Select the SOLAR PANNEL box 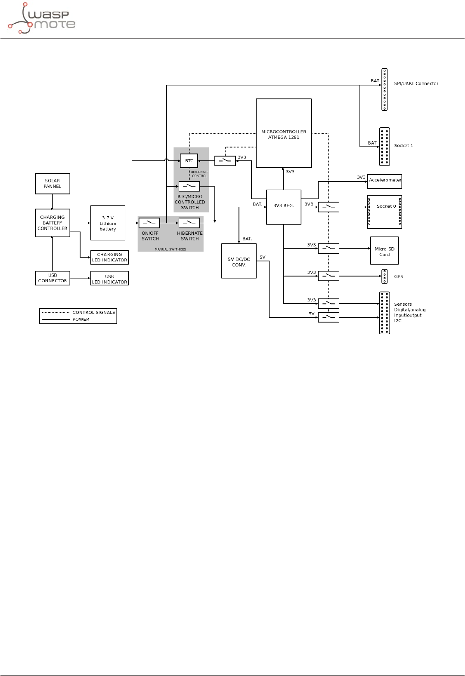(52, 184)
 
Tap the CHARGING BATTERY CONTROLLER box (52, 223)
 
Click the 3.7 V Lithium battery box (108, 223)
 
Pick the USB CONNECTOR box (52, 278)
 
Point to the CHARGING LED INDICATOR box (109, 257)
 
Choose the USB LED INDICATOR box (109, 278)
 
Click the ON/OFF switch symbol (149, 223)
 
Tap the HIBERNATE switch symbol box (189, 223)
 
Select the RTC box (189, 161)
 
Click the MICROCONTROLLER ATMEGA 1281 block (283, 133)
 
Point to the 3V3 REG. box (283, 207)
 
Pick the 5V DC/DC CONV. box (239, 261)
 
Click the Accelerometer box (384, 181)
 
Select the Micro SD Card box (384, 251)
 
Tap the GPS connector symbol (384, 277)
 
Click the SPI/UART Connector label (416, 83)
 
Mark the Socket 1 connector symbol (384, 147)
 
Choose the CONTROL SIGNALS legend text (94, 312)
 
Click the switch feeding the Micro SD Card (329, 249)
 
